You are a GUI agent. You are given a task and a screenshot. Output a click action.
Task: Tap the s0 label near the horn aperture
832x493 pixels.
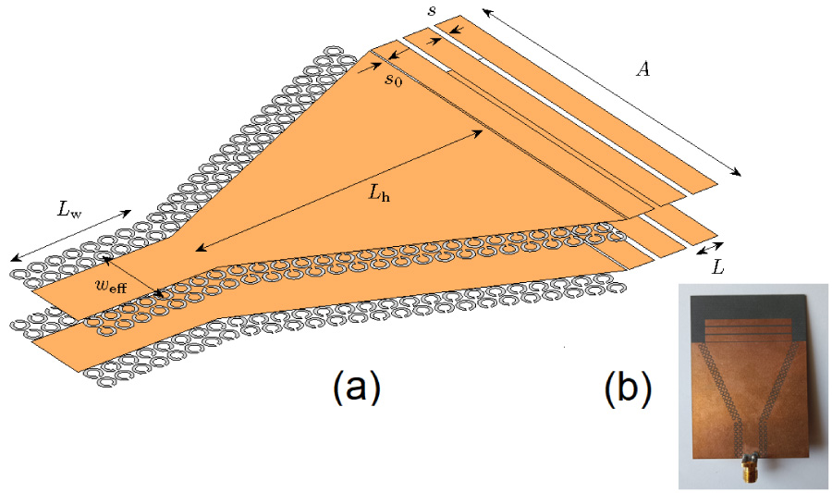[395, 80]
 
